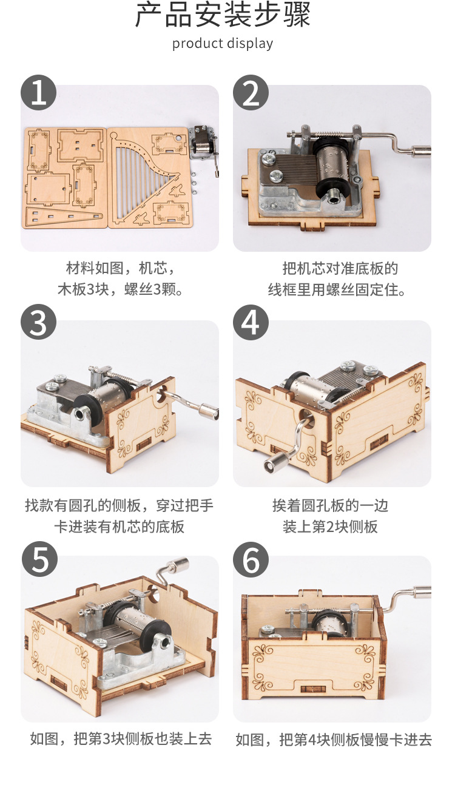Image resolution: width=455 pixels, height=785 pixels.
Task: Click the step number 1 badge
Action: (x=39, y=93)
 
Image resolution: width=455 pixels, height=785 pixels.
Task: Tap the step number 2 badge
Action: (x=251, y=93)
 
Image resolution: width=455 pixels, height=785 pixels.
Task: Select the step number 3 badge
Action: (x=39, y=322)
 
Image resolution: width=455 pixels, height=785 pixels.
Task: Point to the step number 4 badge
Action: (x=251, y=322)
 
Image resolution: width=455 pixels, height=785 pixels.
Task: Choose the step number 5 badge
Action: (x=39, y=560)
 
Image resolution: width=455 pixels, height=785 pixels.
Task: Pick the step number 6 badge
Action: (x=251, y=560)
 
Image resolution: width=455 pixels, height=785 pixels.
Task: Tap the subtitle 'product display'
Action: (x=223, y=44)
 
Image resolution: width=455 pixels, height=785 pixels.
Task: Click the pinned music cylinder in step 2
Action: (x=334, y=165)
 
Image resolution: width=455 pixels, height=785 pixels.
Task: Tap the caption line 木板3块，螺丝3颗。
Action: (x=120, y=289)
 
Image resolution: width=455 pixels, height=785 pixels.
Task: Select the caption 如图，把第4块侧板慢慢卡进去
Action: (x=333, y=740)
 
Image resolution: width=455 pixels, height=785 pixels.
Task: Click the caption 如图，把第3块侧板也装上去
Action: (x=121, y=739)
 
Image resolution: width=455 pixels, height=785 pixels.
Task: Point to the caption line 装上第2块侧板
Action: (x=330, y=527)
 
